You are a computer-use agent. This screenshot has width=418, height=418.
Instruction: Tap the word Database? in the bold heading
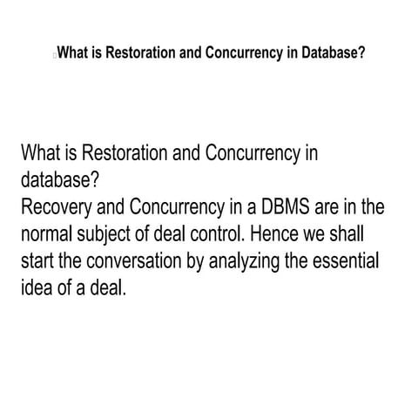tap(330, 51)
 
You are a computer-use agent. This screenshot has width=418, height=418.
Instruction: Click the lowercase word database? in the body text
tap(56, 180)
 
